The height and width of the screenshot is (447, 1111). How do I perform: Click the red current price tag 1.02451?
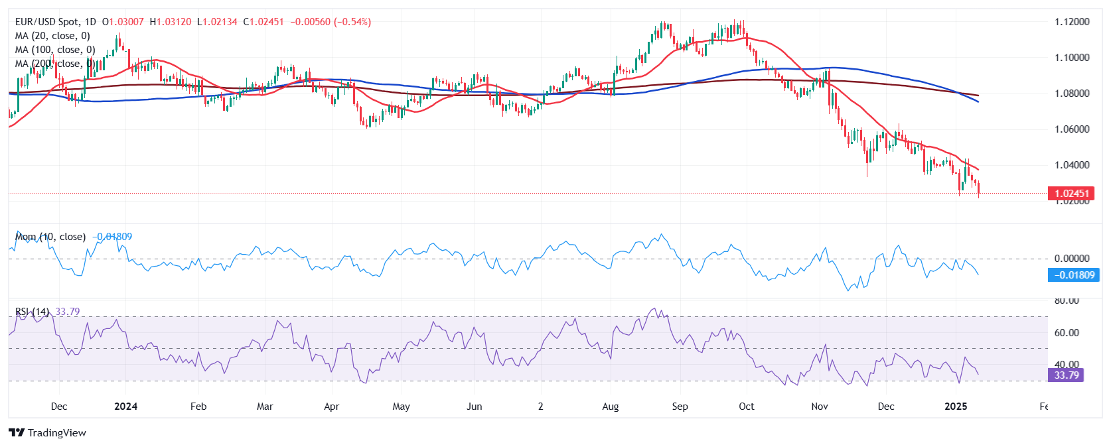tap(1072, 194)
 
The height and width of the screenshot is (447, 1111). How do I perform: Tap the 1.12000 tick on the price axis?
tap(1072, 22)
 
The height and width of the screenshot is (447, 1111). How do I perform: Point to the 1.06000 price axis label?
tap(1072, 129)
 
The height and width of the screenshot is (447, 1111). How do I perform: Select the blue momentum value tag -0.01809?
tap(1073, 275)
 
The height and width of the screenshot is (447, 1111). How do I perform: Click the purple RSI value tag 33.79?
tap(1066, 375)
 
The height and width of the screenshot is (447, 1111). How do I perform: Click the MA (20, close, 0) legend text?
tap(52, 36)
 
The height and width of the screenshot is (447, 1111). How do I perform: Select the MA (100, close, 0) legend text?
tap(55, 50)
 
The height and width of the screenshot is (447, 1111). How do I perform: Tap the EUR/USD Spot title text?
tap(46, 22)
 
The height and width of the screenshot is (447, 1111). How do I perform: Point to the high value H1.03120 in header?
tap(171, 22)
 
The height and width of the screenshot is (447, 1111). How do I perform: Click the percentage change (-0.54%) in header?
tap(352, 22)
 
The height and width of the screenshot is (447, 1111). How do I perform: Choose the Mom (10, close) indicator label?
tap(50, 237)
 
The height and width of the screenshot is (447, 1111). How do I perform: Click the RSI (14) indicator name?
tap(32, 312)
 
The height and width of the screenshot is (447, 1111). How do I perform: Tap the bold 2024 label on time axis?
tap(125, 407)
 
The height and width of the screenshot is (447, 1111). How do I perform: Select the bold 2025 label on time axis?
tap(955, 407)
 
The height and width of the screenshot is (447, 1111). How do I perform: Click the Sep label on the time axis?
tap(680, 407)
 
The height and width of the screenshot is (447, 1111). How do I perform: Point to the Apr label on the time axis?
tap(331, 407)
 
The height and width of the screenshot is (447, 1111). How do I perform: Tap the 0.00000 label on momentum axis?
tap(1072, 259)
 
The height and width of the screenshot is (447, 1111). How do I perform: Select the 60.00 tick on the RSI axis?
tap(1067, 333)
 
